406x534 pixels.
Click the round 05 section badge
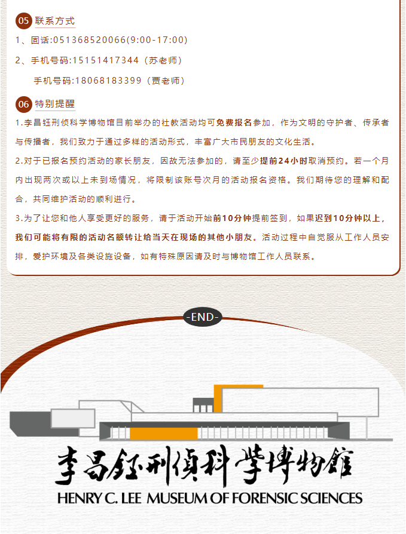(x=23, y=21)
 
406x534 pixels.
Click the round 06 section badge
(x=23, y=104)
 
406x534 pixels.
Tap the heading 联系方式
(x=55, y=21)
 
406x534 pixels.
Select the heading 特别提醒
(x=55, y=103)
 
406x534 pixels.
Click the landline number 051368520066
(x=90, y=40)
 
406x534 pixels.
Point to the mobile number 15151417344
(x=106, y=60)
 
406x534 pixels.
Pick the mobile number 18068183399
(x=108, y=81)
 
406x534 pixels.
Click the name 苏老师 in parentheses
(x=163, y=60)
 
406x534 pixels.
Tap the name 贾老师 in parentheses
(x=166, y=81)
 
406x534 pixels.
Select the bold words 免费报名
(x=234, y=122)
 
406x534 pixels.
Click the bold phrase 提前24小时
(x=283, y=161)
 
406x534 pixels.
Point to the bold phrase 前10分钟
(x=232, y=218)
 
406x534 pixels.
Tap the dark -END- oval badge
(x=203, y=317)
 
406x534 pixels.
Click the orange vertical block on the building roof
(x=218, y=398)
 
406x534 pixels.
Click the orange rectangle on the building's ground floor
(x=164, y=434)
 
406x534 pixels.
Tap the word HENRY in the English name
(x=80, y=498)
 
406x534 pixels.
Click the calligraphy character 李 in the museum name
(x=67, y=465)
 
